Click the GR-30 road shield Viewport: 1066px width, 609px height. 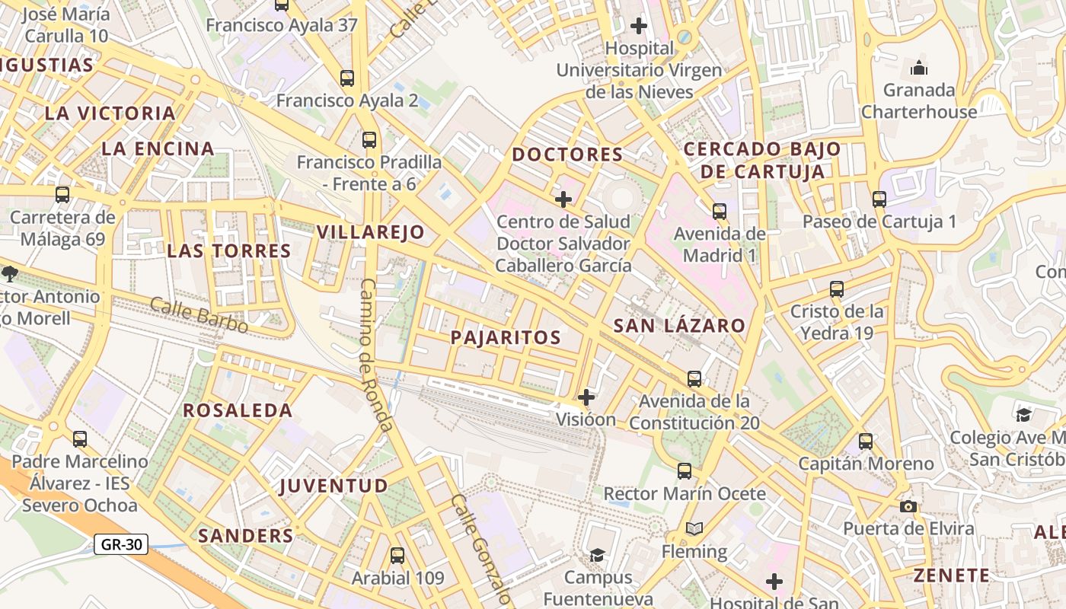click(121, 544)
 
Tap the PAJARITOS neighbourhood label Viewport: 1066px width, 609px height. click(506, 337)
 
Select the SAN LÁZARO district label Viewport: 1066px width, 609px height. click(679, 326)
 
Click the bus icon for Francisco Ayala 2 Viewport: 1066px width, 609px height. click(347, 78)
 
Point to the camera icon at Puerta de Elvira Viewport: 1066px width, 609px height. click(908, 506)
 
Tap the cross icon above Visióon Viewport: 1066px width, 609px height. click(586, 397)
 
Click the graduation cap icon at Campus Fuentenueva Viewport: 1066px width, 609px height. click(598, 555)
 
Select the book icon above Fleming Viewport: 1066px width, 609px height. click(694, 528)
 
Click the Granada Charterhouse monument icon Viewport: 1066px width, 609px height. click(919, 69)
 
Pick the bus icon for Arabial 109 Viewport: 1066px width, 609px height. click(397, 556)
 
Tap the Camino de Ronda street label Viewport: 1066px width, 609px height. click(375, 355)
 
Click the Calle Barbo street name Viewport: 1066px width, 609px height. click(199, 314)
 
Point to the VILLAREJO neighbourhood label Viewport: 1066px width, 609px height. click(370, 232)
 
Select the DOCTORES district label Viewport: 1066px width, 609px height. click(567, 155)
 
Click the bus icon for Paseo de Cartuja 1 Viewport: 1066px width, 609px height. click(879, 199)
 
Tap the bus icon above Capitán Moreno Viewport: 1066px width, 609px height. click(866, 442)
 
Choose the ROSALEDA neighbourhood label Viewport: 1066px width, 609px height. click(238, 410)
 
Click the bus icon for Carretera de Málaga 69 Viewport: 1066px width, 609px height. click(62, 195)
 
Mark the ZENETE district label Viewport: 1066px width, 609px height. click(952, 575)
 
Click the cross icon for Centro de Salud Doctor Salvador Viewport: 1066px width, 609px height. click(563, 199)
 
